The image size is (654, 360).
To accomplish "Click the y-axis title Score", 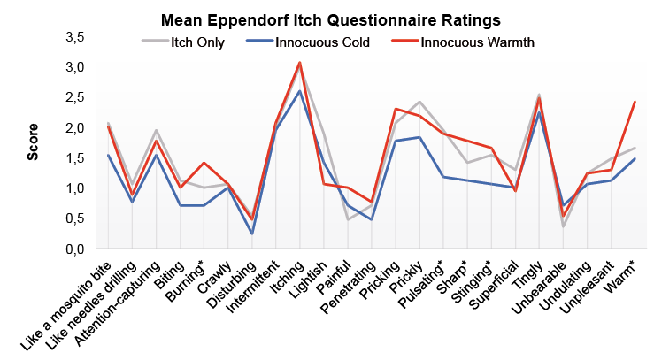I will point(33,142).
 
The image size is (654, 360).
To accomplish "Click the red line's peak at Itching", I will point(299,63).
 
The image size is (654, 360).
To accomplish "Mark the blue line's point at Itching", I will point(299,91).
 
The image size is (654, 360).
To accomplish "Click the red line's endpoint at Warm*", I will point(635,103).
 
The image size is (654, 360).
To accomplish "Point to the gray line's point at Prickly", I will point(419,103).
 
